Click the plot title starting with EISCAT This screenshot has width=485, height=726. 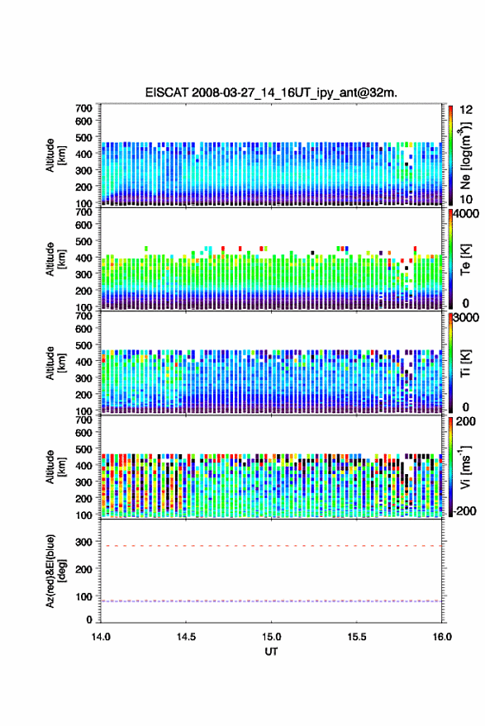coord(271,93)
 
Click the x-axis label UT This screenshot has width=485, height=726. coord(271,652)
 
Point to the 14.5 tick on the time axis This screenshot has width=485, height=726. coord(186,637)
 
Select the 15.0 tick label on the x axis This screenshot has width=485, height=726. coord(272,637)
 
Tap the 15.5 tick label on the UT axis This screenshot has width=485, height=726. coord(357,637)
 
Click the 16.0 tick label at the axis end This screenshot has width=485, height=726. coord(442,637)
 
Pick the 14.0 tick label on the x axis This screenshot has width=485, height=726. coord(101,637)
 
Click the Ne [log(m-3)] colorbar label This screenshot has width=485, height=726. coord(465,156)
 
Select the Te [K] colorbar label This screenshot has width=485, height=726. coord(465,259)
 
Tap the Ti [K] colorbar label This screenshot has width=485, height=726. coord(465,363)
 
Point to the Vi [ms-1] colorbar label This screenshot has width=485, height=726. coord(465,467)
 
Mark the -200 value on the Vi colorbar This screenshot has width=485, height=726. coord(464,511)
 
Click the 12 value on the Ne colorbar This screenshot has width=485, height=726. coord(467,110)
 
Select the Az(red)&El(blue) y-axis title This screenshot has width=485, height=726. coord(55,571)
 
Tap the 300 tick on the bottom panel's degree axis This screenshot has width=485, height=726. coord(83,542)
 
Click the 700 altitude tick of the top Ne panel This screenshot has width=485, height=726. coord(83,108)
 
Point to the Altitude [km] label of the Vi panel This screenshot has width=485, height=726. coord(55,467)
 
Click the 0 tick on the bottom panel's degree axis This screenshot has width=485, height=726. coord(89,619)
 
